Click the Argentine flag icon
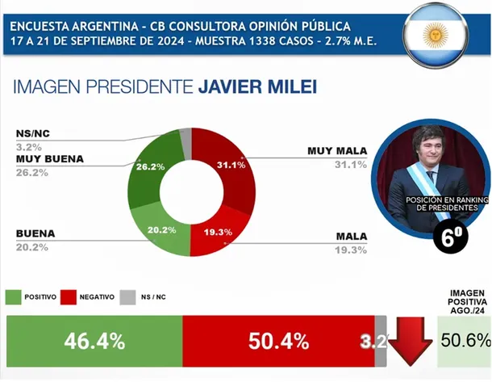click(438, 35)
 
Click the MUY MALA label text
click(336, 151)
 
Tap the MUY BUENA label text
click(50, 158)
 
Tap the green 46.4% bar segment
click(94, 341)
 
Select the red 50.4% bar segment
click(274, 341)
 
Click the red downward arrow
click(409, 340)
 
